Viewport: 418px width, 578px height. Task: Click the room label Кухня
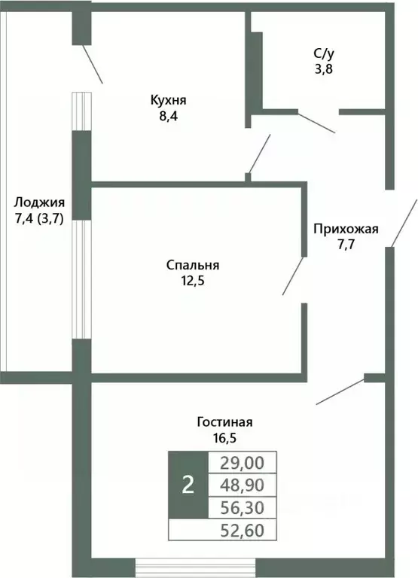point(167,100)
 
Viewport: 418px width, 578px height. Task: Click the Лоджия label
point(39,202)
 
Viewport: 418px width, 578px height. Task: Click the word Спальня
point(193,265)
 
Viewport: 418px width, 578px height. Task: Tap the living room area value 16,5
point(220,437)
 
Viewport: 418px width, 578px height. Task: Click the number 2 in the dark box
point(188,485)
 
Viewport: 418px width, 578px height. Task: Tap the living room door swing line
point(340,391)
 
